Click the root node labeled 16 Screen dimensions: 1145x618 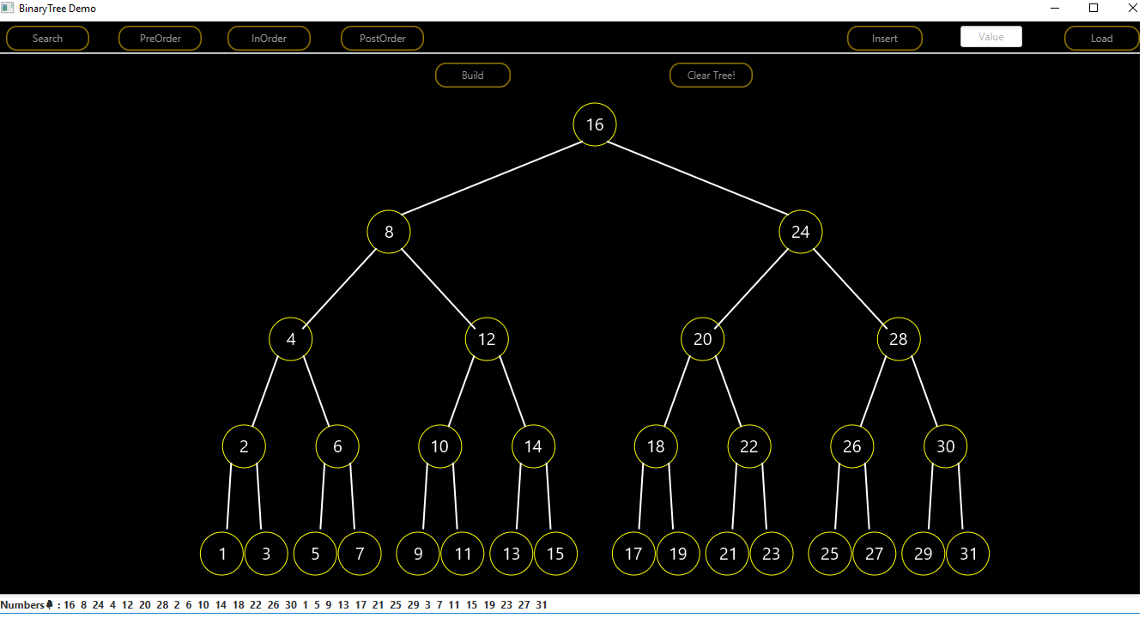point(595,124)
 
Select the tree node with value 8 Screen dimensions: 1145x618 point(389,232)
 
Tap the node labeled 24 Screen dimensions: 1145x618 point(801,232)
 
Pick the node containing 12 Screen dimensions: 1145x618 point(487,339)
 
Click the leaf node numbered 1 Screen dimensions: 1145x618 point(222,554)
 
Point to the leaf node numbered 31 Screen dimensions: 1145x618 point(968,554)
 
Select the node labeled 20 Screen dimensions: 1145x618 point(703,339)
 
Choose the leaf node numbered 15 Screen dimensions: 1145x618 point(555,554)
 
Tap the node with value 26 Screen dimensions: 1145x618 point(851,446)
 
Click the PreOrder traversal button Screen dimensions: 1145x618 point(161,39)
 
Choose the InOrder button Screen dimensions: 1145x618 point(269,39)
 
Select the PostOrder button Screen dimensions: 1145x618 point(382,39)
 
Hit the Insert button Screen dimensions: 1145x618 point(885,39)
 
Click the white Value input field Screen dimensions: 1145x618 point(991,37)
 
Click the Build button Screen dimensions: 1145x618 point(473,76)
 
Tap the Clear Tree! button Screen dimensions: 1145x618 point(711,76)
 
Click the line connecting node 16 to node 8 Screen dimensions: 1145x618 point(492,179)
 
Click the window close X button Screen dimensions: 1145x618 point(1125,8)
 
